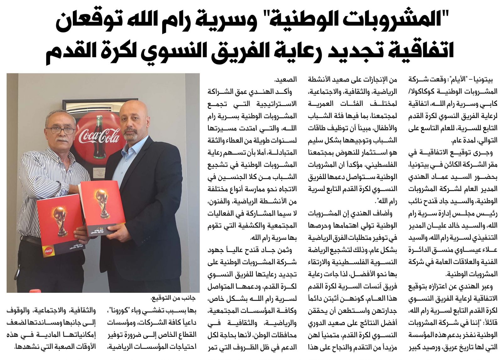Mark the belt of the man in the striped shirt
[x=31, y=240]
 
